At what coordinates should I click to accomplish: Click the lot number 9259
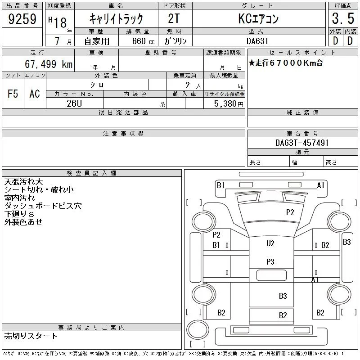pyautogui.click(x=22, y=19)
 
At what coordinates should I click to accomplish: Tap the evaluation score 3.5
pyautogui.click(x=343, y=18)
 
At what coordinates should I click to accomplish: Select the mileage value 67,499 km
pyautogui.click(x=49, y=64)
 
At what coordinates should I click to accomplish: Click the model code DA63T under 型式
pyautogui.click(x=257, y=41)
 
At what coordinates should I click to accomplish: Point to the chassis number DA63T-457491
pyautogui.click(x=302, y=143)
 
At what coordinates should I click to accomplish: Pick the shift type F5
pyautogui.click(x=13, y=94)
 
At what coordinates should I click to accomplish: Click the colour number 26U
pyautogui.click(x=74, y=103)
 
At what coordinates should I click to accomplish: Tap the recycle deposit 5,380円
pyautogui.click(x=229, y=104)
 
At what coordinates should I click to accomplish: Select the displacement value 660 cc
pyautogui.click(x=143, y=41)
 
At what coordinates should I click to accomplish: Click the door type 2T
pyautogui.click(x=174, y=18)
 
